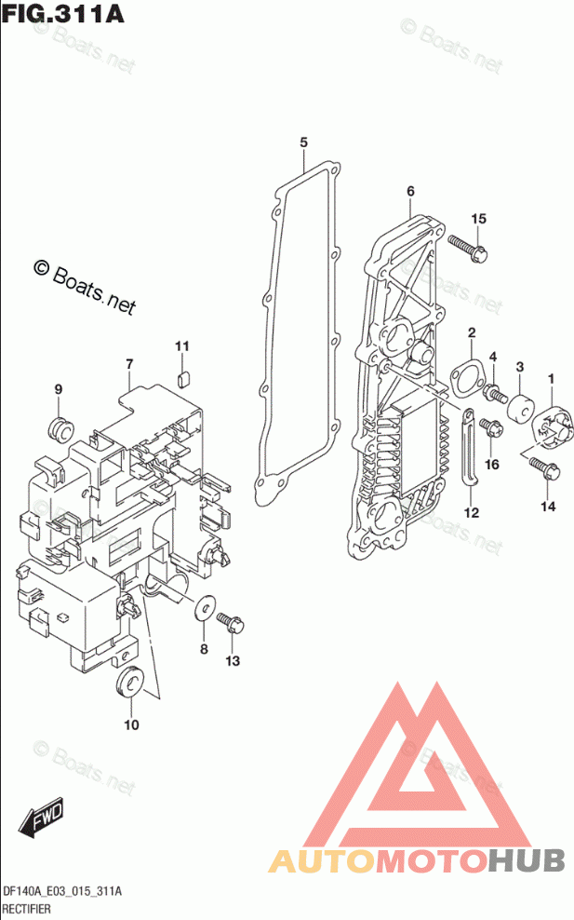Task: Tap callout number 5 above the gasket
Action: (x=303, y=142)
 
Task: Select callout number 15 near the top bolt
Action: (x=478, y=219)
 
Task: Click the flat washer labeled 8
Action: (x=203, y=610)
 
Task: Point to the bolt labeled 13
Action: (x=229, y=621)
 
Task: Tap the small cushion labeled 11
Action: (x=183, y=378)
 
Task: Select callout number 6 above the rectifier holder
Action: (x=409, y=192)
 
